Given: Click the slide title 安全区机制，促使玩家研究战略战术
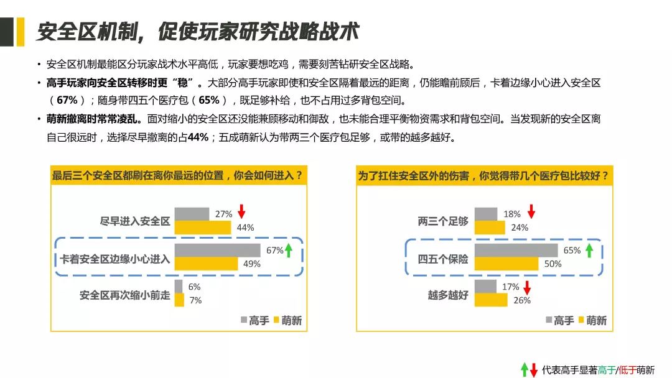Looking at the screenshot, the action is click(x=198, y=31).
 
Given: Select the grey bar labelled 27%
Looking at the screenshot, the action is click(x=192, y=214).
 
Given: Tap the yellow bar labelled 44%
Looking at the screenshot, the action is click(x=203, y=228).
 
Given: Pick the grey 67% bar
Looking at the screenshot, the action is click(x=217, y=251).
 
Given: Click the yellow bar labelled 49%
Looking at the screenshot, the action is click(x=206, y=264).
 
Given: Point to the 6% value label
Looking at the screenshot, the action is click(x=194, y=287).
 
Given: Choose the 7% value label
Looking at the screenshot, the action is click(x=195, y=300).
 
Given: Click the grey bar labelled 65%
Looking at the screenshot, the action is click(x=516, y=251).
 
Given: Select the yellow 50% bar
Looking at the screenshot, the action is click(x=506, y=264).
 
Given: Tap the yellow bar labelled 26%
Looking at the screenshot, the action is click(x=491, y=300).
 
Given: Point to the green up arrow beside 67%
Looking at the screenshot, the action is click(x=289, y=250).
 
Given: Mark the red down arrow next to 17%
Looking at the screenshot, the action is click(x=527, y=287).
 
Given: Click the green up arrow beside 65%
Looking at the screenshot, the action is click(x=590, y=250).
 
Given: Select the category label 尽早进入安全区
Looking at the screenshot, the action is click(x=135, y=221).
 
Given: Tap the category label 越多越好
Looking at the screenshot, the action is click(x=448, y=295).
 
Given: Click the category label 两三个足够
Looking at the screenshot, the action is click(x=443, y=221).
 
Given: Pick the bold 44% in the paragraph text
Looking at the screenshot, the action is click(x=198, y=137).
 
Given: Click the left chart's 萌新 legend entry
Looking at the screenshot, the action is click(x=287, y=320).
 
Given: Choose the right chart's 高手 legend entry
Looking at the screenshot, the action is click(x=560, y=320).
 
